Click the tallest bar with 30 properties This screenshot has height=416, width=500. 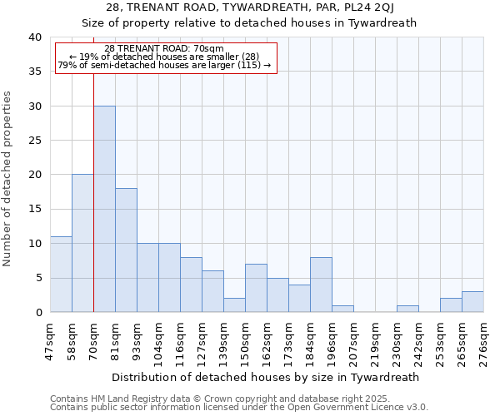pyautogui.click(x=104, y=209)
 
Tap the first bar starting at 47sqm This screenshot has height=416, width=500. pyautogui.click(x=61, y=275)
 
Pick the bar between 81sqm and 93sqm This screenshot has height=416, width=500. pyautogui.click(x=126, y=250)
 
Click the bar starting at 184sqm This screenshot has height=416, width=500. pyautogui.click(x=321, y=285)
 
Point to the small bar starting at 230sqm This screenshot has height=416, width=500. pyautogui.click(x=407, y=309)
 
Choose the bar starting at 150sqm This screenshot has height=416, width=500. pyautogui.click(x=256, y=288)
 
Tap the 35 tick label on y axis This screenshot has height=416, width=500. pyautogui.click(x=34, y=72)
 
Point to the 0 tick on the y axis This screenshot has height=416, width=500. pyautogui.click(x=37, y=313)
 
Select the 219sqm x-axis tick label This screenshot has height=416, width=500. pyautogui.click(x=376, y=339)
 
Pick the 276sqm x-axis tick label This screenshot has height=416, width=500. pyautogui.click(x=484, y=339)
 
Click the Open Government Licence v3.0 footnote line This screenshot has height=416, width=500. pyautogui.click(x=239, y=408)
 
